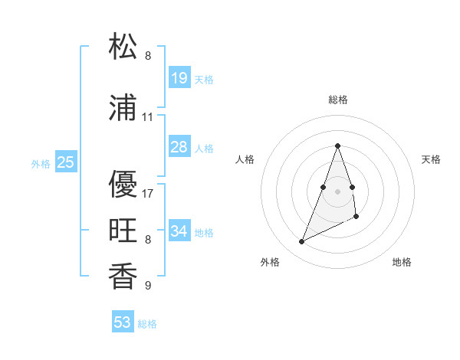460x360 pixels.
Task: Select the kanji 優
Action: (123, 183)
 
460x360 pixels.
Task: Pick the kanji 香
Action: (123, 276)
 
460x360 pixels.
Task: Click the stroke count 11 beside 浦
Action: (147, 117)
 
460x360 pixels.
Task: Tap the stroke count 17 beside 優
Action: (147, 193)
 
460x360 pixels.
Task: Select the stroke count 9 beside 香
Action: (147, 286)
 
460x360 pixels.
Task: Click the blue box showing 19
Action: (179, 78)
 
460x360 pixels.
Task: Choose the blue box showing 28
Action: (179, 147)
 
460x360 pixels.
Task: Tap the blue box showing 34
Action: (179, 231)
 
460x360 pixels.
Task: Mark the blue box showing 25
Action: (65, 162)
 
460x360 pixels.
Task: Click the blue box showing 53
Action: (123, 322)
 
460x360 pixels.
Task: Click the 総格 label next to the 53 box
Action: (147, 324)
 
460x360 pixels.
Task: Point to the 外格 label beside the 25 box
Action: (41, 163)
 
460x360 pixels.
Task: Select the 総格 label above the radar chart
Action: (337, 100)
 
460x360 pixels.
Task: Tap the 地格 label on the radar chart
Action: (402, 262)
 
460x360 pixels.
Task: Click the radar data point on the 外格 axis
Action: (301, 242)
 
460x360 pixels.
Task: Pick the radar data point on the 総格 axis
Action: (337, 146)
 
